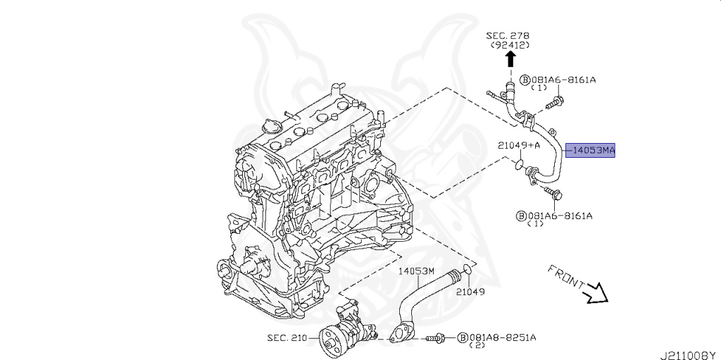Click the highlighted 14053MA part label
click(x=593, y=150)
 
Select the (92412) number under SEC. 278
click(x=510, y=46)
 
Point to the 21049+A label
click(x=518, y=145)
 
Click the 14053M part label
click(x=417, y=270)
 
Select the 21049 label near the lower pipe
click(x=470, y=291)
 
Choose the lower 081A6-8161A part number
click(x=560, y=215)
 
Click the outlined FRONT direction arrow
click(x=596, y=292)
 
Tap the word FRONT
click(x=565, y=278)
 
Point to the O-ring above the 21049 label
click(x=466, y=271)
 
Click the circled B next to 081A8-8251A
click(x=463, y=337)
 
